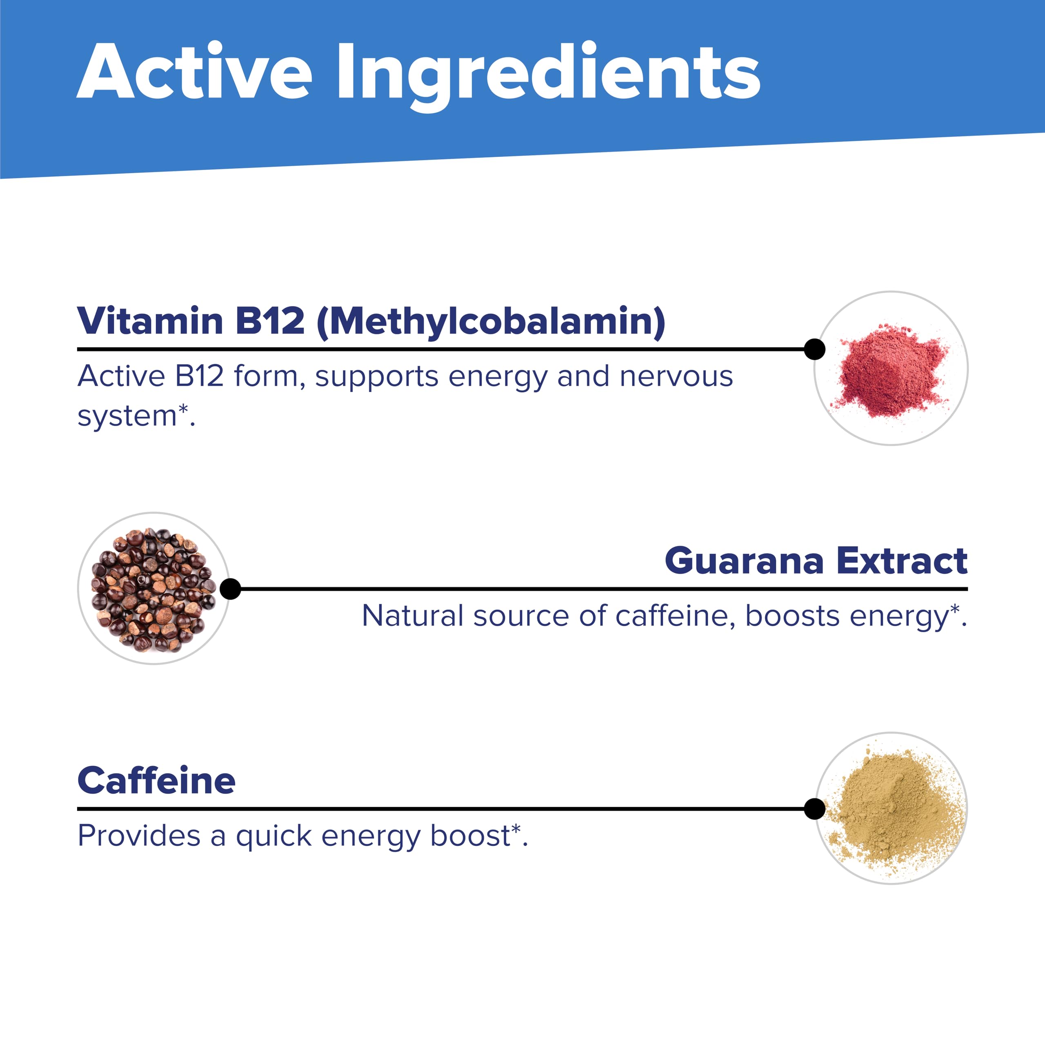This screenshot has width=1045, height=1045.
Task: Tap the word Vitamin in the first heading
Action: [x=150, y=321]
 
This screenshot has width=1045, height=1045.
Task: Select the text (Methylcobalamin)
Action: [x=491, y=322]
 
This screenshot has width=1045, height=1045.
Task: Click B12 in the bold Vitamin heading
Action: [x=270, y=321]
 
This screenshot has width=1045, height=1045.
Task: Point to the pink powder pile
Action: [x=891, y=369]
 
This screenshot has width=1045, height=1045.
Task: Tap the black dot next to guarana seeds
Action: [x=230, y=589]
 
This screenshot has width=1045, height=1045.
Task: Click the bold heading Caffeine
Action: [x=156, y=780]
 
